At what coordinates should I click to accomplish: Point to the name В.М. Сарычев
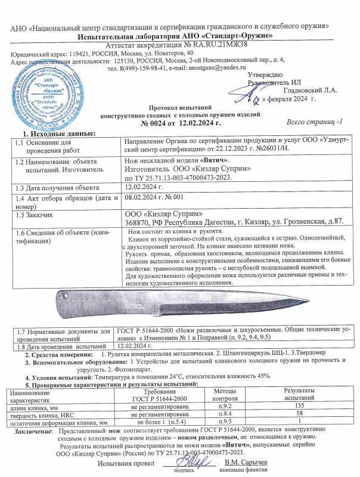point(246,463)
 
